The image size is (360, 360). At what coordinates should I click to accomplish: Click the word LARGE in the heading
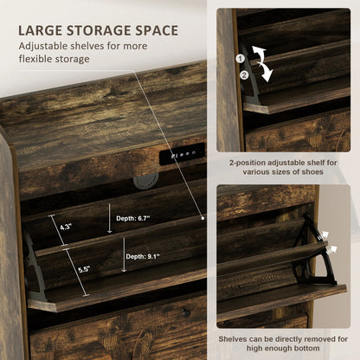[40, 30]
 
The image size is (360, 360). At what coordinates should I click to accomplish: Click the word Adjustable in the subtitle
[43, 46]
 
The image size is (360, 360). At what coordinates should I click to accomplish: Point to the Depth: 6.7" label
[133, 218]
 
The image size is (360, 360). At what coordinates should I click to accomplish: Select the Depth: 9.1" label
[143, 256]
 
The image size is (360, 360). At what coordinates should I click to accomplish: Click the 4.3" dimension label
[66, 227]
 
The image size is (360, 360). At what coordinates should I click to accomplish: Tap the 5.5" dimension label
[84, 270]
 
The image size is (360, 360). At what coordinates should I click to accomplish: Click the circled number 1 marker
[240, 59]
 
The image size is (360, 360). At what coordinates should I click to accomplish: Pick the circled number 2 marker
[244, 75]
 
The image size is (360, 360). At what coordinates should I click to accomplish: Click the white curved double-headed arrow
[262, 63]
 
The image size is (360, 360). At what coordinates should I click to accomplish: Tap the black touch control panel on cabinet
[182, 154]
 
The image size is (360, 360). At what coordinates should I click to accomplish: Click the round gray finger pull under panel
[146, 181]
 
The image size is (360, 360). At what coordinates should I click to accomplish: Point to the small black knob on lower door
[185, 312]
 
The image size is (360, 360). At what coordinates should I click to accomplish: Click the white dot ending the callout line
[202, 218]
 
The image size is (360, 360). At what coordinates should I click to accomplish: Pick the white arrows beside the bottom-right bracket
[325, 242]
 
